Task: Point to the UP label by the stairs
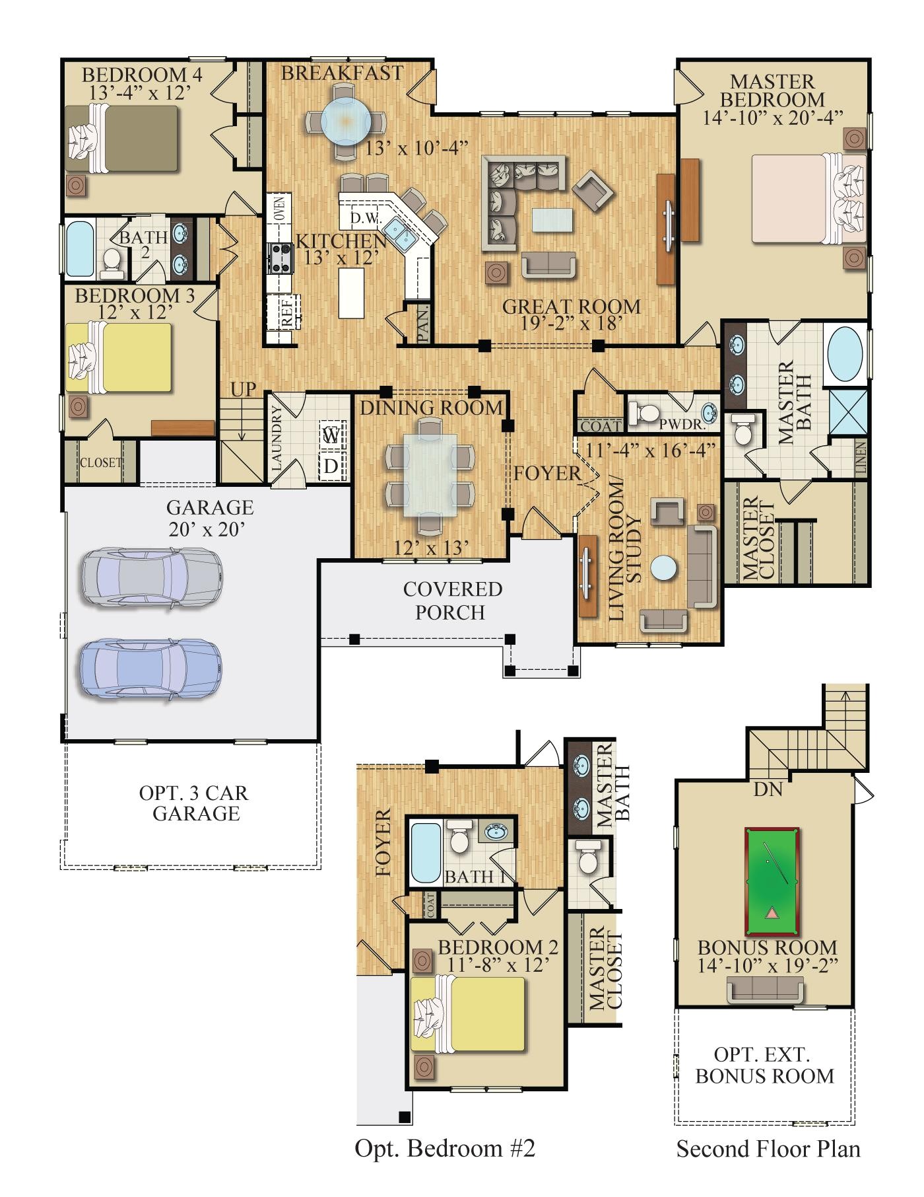[x=243, y=390]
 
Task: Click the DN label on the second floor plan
[x=768, y=789]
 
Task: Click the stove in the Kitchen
[x=279, y=258]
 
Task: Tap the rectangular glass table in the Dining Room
[x=430, y=474]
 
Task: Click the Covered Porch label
[x=452, y=600]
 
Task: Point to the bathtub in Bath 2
[x=81, y=250]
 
